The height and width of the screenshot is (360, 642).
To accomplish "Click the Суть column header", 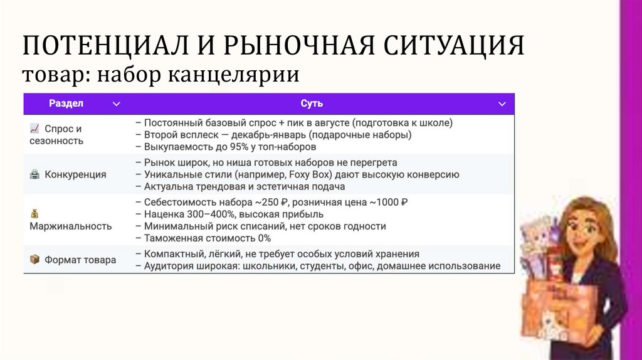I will tap(312, 103).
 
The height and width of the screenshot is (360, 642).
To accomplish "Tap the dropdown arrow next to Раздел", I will tap(116, 104).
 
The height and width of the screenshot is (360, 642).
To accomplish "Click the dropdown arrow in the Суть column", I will tap(502, 104).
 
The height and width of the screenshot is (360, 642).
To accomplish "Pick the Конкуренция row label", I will tap(75, 174).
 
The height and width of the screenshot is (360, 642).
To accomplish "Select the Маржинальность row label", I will tap(70, 226).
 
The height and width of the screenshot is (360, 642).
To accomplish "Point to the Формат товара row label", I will tap(80, 260).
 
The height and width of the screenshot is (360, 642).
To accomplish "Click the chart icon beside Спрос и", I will tap(34, 129).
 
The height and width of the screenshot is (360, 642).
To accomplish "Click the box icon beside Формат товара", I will tap(34, 260).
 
